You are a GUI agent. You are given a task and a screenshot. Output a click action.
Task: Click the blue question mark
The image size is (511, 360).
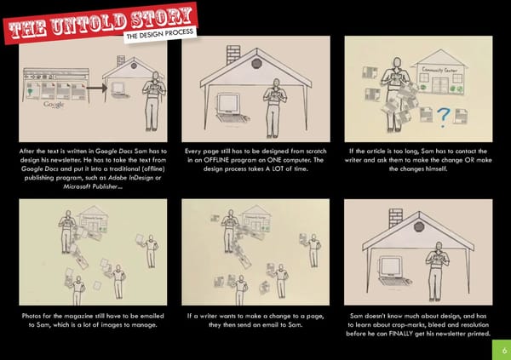443,117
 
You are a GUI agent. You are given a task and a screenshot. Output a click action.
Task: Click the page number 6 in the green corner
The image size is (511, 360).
504,351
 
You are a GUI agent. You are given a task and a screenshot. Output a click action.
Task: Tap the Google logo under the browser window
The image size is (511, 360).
54,105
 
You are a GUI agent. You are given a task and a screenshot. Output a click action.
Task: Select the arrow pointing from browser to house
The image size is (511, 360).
96,88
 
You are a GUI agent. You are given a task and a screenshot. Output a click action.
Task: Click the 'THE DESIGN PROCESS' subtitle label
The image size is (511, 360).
160,33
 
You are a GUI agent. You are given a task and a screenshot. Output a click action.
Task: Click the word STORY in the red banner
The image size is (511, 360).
162,18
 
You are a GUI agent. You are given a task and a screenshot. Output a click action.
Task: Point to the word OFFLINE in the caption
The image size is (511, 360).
215,160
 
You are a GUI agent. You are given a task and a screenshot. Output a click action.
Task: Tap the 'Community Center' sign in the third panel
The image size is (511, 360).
439,70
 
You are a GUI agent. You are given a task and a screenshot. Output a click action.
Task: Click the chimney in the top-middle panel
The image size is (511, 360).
233,54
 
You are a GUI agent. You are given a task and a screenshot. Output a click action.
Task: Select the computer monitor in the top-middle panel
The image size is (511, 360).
228,104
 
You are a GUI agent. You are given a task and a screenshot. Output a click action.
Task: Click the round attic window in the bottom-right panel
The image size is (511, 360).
419,226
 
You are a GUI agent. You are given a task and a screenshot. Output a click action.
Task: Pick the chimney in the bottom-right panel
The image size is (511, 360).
396,218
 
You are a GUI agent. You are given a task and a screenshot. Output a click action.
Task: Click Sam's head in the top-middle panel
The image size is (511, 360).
276,83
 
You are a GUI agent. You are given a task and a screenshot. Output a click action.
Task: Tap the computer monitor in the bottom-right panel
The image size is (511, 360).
390,266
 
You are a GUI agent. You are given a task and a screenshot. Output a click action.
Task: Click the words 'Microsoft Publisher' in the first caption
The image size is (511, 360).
90,186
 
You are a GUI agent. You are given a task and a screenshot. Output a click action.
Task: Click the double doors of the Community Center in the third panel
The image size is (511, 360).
439,85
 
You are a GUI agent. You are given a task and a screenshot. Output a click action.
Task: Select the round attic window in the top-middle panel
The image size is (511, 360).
257,63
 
